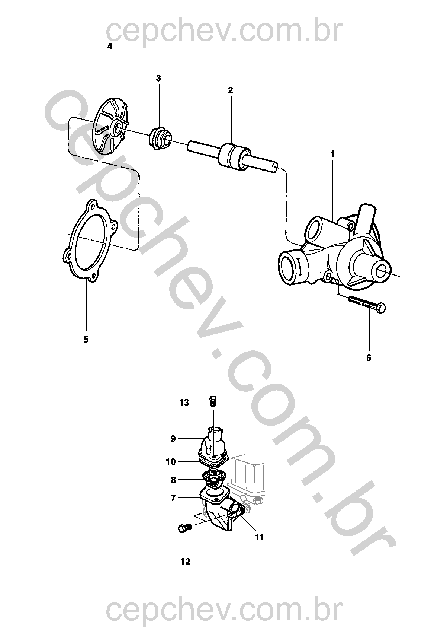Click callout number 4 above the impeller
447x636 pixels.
click(110, 46)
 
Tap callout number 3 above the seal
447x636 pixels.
click(158, 78)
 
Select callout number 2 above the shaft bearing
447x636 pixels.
click(230, 90)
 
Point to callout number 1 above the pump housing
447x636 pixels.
click(332, 154)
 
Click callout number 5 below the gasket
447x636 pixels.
click(86, 340)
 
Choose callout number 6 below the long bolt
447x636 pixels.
click(369, 358)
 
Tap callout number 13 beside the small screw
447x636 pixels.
click(184, 403)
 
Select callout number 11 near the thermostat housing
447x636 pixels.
click(259, 537)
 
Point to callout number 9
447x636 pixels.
click(173, 439)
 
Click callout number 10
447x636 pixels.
click(171, 462)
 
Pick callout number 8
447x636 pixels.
click(173, 480)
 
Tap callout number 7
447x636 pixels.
click(173, 498)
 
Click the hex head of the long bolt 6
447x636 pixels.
click(382, 308)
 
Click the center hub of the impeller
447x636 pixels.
click(118, 127)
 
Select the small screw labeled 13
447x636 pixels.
click(213, 401)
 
